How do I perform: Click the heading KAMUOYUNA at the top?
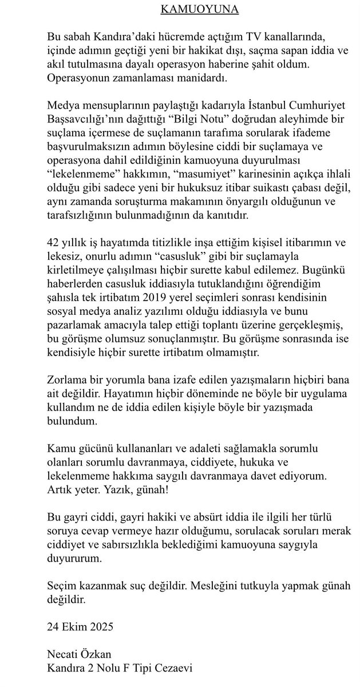(180, 10)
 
